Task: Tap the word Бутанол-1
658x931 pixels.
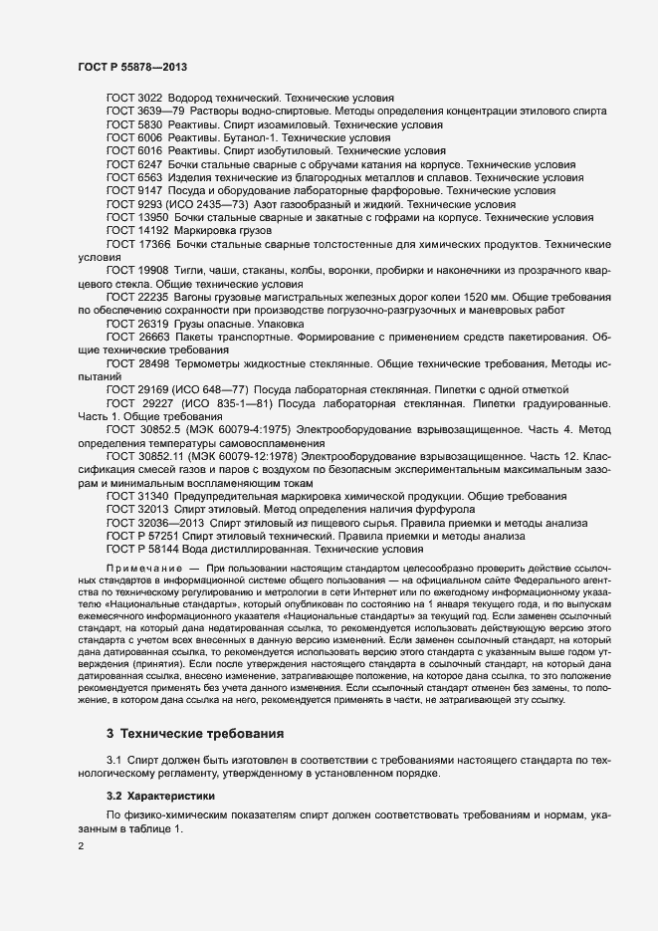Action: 210,138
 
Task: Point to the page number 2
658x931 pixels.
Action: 81,845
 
